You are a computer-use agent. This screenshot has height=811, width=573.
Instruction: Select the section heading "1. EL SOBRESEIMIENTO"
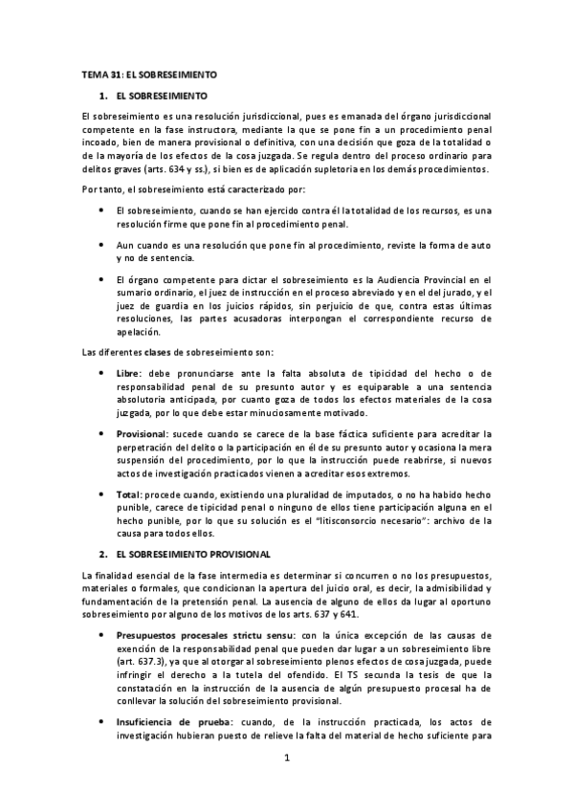point(159,97)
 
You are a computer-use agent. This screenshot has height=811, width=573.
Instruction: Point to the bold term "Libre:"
point(129,371)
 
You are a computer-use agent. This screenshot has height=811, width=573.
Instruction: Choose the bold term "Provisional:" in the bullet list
point(142,434)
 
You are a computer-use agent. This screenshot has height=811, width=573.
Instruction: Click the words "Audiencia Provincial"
point(428,278)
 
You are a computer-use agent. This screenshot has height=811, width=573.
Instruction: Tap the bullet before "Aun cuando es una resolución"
point(101,247)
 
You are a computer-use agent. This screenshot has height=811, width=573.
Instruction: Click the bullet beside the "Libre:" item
point(101,371)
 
